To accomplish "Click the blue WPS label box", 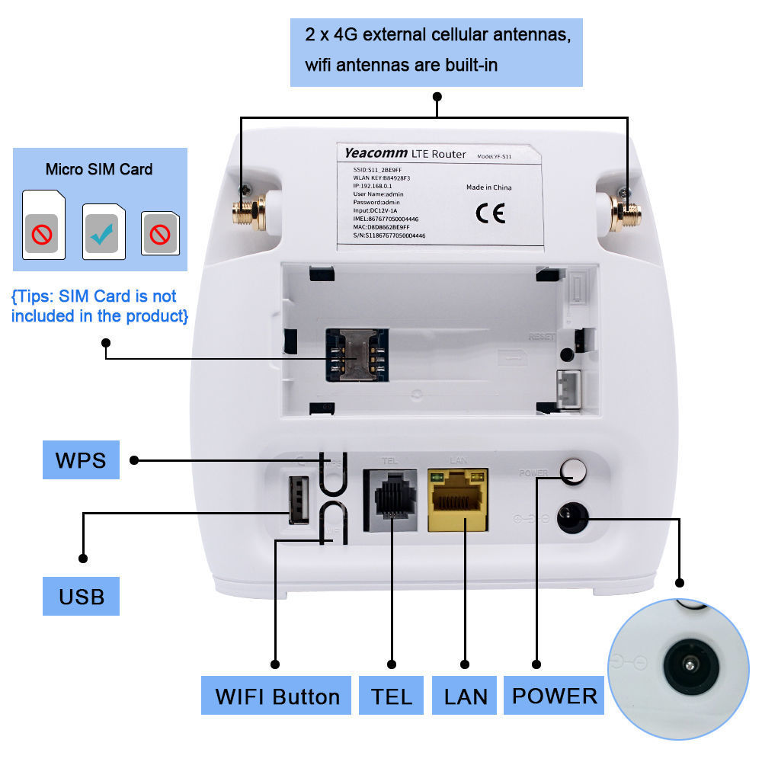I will point(81,460).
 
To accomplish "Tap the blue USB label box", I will point(81,595).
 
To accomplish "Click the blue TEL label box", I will point(392,696).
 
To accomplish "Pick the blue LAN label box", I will point(465,696).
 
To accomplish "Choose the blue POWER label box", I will point(554,695).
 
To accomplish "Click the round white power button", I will point(573,472).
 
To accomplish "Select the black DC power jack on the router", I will point(571,519).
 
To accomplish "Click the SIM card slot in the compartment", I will point(357,355).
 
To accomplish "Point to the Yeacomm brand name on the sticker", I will point(375,153).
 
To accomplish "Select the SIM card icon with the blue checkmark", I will point(104,232).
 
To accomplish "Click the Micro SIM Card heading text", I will point(99,169).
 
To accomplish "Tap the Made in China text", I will point(488,187).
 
